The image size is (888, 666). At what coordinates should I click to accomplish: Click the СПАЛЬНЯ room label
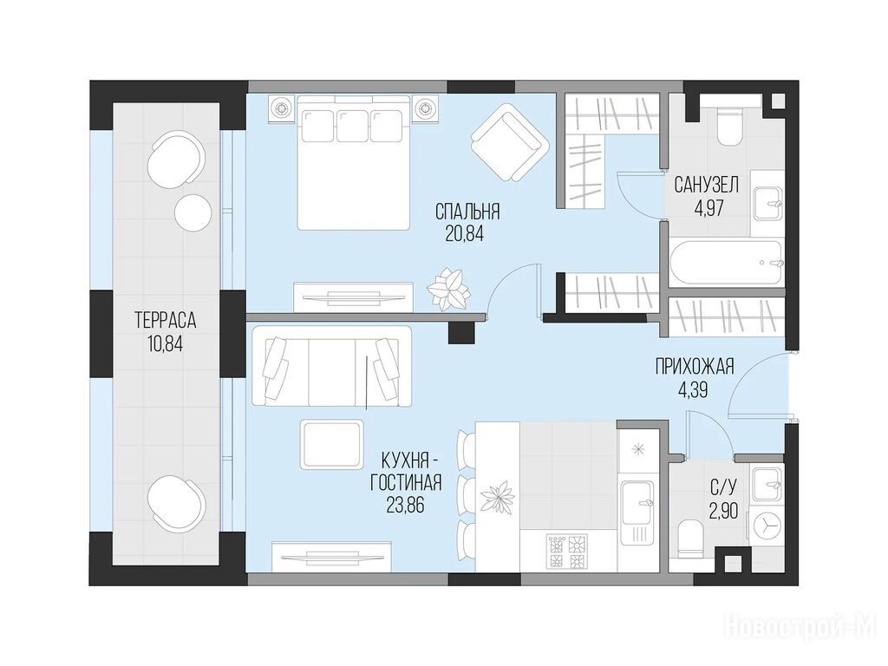[467, 212]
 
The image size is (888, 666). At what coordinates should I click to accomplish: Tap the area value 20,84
[465, 234]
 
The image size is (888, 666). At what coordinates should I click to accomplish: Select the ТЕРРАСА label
[166, 321]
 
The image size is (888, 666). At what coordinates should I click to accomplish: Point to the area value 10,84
[165, 343]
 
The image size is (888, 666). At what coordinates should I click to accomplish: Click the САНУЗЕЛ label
[706, 185]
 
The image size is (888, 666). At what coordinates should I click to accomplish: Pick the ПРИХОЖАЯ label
[695, 367]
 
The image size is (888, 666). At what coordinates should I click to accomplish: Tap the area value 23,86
[405, 505]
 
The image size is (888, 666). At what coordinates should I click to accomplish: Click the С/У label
[724, 487]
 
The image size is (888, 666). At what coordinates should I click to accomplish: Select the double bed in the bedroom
[354, 162]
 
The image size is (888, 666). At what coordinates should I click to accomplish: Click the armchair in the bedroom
[510, 143]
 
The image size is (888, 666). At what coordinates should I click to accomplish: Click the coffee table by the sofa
[331, 444]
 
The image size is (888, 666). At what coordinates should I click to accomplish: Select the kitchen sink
[637, 502]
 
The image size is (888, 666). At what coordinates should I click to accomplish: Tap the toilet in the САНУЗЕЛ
[728, 127]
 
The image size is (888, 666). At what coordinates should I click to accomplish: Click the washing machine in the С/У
[766, 525]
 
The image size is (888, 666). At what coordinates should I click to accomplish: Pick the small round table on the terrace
[193, 212]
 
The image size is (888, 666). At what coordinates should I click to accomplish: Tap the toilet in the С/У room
[689, 537]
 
